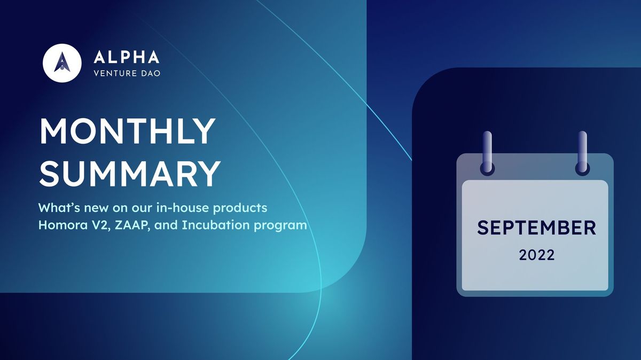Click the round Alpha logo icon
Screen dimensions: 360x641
[62, 62]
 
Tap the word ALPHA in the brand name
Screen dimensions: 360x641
[126, 57]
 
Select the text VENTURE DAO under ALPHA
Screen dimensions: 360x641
[127, 73]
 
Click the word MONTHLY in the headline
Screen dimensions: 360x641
[127, 131]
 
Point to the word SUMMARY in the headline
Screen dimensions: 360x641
[130, 172]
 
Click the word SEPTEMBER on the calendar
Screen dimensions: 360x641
[536, 228]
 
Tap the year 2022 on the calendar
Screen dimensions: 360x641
[537, 255]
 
